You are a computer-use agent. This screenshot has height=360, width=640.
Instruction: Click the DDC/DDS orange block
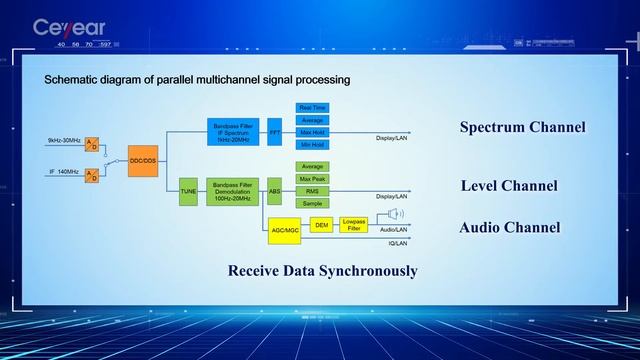point(144,160)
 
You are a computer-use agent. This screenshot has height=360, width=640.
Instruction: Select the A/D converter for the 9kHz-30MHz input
point(92,143)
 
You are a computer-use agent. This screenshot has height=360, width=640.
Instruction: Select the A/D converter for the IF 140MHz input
point(92,176)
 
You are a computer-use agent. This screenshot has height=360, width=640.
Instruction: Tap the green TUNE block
point(188,189)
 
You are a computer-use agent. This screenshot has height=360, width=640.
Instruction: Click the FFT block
point(275,132)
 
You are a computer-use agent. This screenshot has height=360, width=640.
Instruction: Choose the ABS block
point(275,189)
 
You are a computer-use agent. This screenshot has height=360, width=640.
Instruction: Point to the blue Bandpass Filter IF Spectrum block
point(233,132)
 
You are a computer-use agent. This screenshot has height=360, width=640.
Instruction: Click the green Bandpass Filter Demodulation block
point(233,189)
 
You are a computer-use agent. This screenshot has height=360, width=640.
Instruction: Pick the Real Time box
point(311,107)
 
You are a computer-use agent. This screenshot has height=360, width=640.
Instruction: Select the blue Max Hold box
point(311,132)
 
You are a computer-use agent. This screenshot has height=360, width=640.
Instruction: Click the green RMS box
point(311,190)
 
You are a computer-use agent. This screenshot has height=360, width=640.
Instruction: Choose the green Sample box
point(311,203)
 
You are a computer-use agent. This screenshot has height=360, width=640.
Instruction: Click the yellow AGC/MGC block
point(285,230)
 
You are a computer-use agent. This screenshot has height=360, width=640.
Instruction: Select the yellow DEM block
point(321,225)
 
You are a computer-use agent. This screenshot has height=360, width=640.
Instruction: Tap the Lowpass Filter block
point(354,225)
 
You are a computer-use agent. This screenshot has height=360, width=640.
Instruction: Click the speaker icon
point(396,214)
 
